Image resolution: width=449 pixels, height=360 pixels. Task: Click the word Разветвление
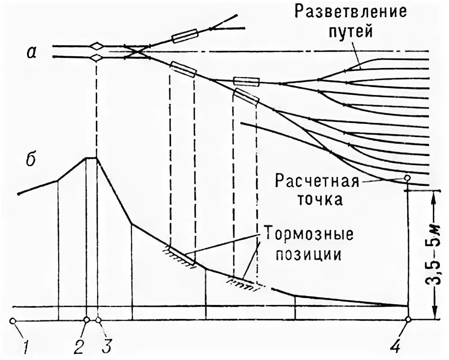pos(350,11)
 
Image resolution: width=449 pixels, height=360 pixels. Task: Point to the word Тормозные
pos(308,235)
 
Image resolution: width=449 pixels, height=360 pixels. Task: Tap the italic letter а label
pos(31,52)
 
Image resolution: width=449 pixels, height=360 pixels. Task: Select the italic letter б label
pos(31,161)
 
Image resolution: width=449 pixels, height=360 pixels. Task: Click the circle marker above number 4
pos(408,319)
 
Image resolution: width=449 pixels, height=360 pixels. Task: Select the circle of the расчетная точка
pos(407,178)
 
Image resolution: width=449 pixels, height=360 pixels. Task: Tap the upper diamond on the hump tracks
pos(96,46)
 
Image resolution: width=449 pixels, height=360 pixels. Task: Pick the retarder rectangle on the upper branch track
pos(185,36)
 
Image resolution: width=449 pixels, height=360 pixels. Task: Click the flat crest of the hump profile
pos(91,157)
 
